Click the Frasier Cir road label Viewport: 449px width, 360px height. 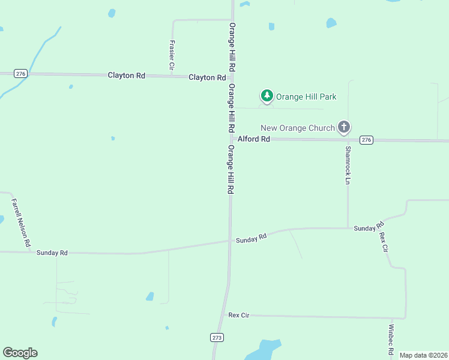coord(172,54)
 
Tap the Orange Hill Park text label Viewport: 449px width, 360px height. coord(306,96)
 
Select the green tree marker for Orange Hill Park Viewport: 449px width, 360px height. coord(267,95)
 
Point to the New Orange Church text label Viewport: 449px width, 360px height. coord(298,127)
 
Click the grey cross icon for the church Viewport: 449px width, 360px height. coord(344,127)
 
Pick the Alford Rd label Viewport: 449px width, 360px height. coord(254,139)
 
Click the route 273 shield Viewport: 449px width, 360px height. coord(217,338)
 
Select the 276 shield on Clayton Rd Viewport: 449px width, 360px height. coord(21,73)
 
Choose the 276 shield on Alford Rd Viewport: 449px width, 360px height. coord(366,140)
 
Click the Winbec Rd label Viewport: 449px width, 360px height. coord(391,340)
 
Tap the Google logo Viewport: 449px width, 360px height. coord(20,353)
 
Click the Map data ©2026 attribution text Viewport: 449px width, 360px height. coord(423,355)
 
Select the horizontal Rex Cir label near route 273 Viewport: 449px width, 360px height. coord(238,315)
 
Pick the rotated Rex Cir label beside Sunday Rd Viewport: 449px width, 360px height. coord(384,241)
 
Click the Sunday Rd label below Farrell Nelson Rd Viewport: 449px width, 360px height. coord(52,253)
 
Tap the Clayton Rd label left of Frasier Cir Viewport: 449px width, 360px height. coord(127,75)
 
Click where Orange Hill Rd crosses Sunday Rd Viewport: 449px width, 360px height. coord(229,241)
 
